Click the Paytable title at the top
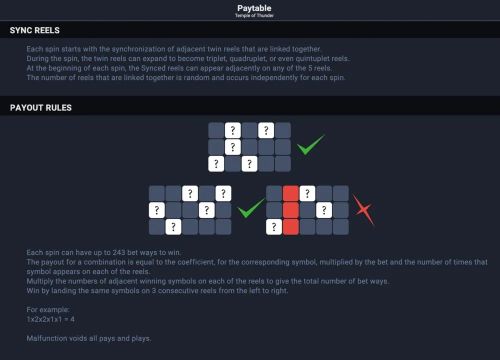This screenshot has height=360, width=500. point(254,8)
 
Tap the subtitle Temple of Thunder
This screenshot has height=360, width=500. point(254,15)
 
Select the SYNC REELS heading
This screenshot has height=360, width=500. point(35,30)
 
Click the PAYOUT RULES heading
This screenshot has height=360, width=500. point(41,108)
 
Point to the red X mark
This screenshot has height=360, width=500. point(364,210)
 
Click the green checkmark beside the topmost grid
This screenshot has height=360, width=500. point(310,144)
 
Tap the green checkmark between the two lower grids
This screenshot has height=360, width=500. point(251,207)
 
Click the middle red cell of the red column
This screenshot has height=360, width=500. point(290,210)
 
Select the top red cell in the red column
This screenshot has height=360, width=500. point(290,193)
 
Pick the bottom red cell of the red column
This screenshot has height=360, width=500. point(290,226)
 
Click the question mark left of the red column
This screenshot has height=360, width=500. point(274,226)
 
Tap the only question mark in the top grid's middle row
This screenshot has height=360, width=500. point(233,147)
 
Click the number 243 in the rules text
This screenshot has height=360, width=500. point(118,252)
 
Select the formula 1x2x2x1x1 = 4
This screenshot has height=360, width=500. point(50,319)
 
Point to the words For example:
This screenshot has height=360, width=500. point(48,309)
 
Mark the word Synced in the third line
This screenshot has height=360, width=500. point(153,68)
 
